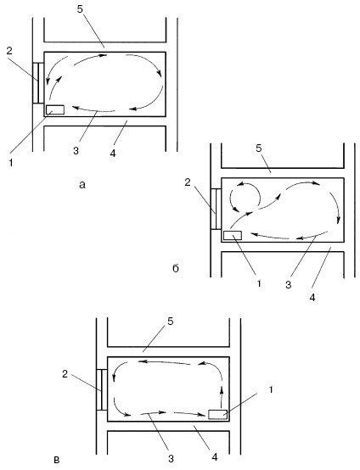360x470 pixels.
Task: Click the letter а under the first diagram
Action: tap(82, 185)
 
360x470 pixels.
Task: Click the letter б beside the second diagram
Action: tap(176, 268)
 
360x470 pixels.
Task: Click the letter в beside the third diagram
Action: tap(56, 460)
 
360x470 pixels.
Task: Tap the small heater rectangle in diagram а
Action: tap(55, 109)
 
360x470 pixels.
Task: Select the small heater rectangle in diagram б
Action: tap(233, 235)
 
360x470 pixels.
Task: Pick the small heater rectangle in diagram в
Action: tap(217, 414)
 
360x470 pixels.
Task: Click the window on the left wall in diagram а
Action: tap(38, 83)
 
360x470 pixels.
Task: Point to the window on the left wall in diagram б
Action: tap(216, 209)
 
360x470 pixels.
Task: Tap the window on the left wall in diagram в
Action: tap(102, 389)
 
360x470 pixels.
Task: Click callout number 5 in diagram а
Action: tap(80, 9)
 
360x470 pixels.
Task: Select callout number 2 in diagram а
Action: tap(9, 51)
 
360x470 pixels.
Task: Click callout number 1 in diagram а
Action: tap(11, 163)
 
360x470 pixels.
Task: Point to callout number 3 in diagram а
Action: tap(76, 151)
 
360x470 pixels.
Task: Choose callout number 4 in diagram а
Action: tap(113, 154)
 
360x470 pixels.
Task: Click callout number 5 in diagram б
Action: tap(259, 148)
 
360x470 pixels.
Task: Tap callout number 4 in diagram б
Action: tap(312, 297)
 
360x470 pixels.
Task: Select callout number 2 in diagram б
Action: tap(188, 182)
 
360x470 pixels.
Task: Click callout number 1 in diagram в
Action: tap(271, 389)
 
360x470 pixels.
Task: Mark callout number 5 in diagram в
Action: tap(171, 322)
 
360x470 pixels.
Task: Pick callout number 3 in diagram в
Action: tap(171, 458)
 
